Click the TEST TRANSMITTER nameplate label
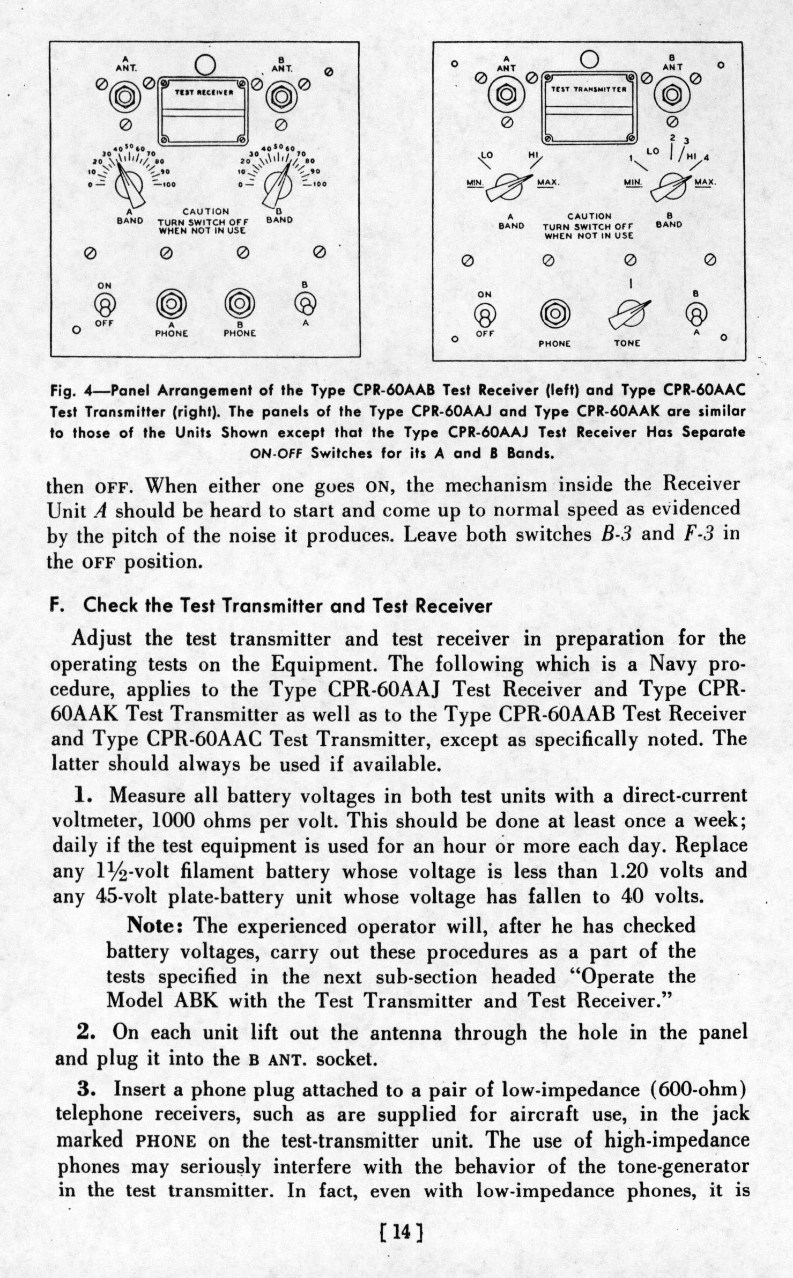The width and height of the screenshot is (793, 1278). click(x=588, y=90)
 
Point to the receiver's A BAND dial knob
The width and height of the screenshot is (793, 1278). click(x=129, y=186)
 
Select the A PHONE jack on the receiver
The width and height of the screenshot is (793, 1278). click(x=171, y=304)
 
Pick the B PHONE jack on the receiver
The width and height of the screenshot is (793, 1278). click(x=239, y=304)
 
